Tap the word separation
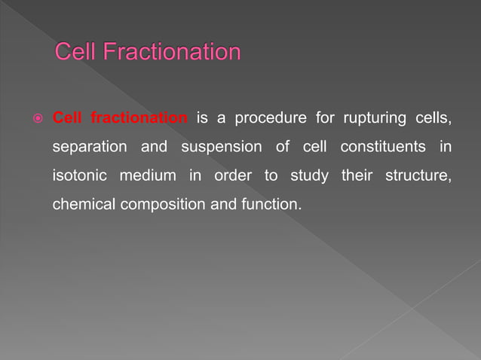(x=90, y=147)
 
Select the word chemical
(x=82, y=203)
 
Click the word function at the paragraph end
(x=268, y=203)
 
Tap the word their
(x=356, y=175)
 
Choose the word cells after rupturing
(x=432, y=118)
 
